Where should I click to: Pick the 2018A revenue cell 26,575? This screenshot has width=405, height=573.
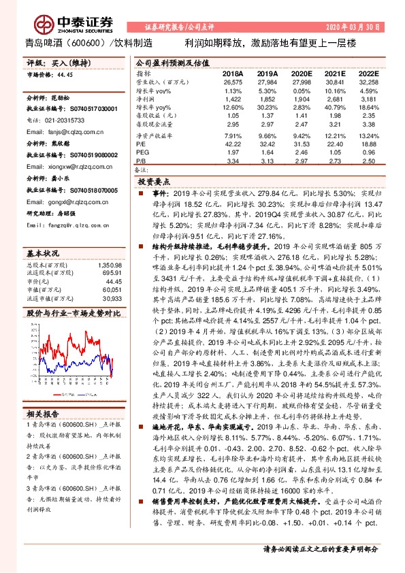232,82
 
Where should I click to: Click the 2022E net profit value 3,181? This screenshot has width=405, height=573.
368,99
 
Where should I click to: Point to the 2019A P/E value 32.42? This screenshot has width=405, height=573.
268,144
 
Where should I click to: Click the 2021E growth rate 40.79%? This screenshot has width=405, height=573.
336,108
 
